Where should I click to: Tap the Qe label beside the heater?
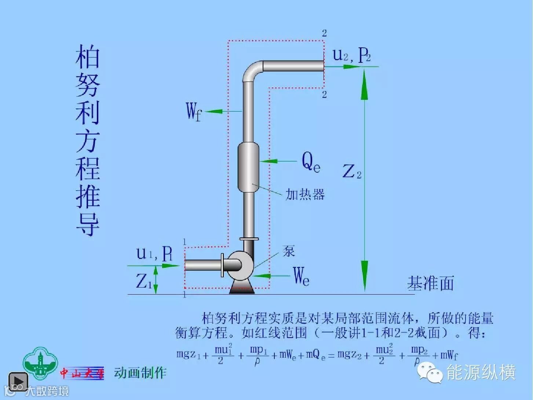(x=311, y=162)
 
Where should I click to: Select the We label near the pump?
(x=301, y=276)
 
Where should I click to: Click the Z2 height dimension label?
(x=351, y=172)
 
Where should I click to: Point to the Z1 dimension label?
(x=143, y=281)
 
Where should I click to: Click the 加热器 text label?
(x=305, y=194)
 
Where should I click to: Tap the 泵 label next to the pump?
(x=289, y=251)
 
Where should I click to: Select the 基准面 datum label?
(x=430, y=283)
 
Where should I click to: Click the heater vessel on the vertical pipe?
(x=248, y=167)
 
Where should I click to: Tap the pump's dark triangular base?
(x=241, y=287)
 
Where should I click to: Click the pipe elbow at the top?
(x=252, y=72)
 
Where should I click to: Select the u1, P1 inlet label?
(x=154, y=253)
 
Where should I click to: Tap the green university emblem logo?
(x=40, y=363)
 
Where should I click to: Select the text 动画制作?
(x=140, y=373)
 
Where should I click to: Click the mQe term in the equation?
(x=315, y=355)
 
